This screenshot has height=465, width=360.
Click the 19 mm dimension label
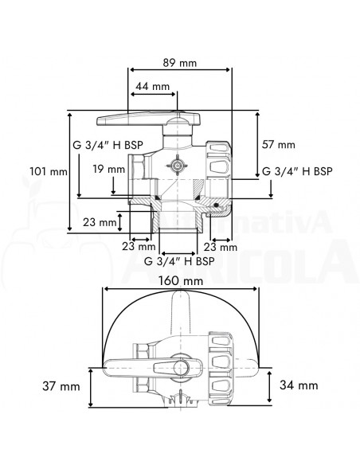(x=108, y=169)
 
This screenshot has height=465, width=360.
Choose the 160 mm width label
(x=179, y=280)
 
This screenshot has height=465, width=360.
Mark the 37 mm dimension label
(x=62, y=386)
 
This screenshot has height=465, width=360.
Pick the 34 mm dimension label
(x=299, y=385)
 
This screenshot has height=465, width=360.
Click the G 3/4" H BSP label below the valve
(x=178, y=260)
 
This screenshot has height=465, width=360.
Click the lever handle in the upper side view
(x=139, y=121)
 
